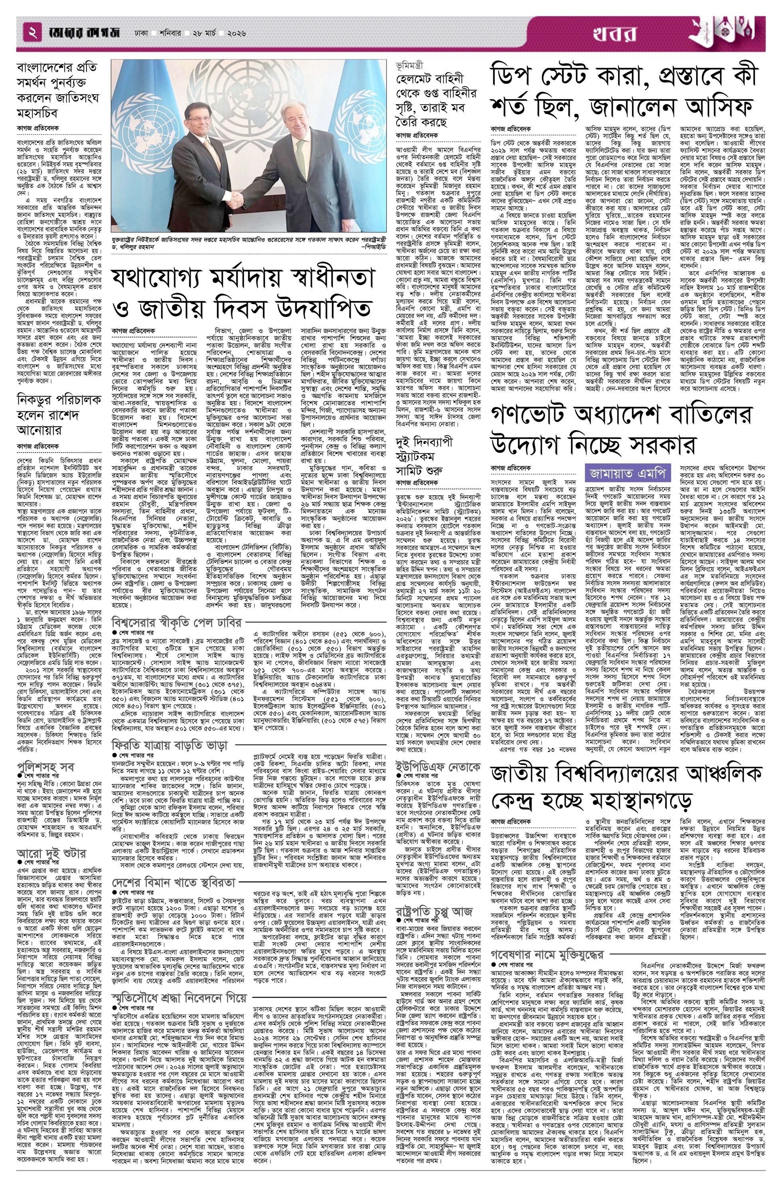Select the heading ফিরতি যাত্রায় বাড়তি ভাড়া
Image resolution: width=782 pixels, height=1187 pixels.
(x=170, y=745)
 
